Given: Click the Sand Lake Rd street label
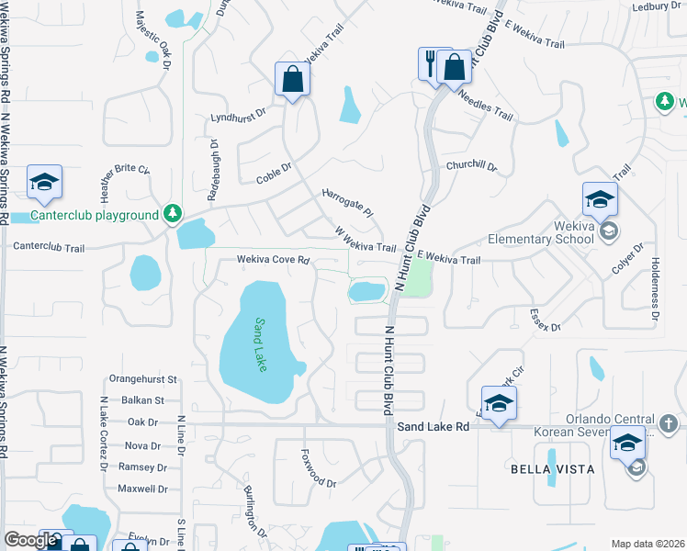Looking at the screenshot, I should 434,426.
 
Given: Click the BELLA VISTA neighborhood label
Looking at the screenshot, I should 552,469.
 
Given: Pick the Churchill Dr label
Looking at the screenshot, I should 471,167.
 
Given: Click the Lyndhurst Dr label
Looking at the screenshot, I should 237,117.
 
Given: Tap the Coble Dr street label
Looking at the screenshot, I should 274,173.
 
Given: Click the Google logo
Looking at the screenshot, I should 30,540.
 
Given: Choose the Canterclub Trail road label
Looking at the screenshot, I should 49,247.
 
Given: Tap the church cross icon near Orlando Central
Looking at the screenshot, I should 669,424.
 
